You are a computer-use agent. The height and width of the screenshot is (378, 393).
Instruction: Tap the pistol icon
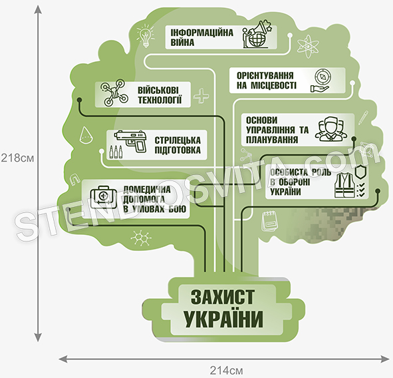[x=131, y=141]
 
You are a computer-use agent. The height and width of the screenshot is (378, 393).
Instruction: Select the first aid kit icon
[x=104, y=197]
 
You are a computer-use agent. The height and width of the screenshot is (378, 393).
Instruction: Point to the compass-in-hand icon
[x=321, y=81]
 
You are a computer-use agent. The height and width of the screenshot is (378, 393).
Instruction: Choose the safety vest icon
[x=344, y=185]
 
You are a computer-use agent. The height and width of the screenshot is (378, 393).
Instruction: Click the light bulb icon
[x=146, y=36]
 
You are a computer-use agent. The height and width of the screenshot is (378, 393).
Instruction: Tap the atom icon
[x=308, y=47]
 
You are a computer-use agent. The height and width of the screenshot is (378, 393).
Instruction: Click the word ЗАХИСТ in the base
[x=223, y=297]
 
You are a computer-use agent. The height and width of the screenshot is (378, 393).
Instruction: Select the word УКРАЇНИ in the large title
[x=223, y=319]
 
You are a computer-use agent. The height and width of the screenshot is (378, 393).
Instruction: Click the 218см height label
[x=17, y=158]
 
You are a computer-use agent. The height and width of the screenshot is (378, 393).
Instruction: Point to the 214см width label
[x=226, y=370]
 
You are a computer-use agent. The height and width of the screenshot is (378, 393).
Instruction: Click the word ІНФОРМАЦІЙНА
[x=201, y=33]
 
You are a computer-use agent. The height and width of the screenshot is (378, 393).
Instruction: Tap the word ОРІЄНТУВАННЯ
[x=265, y=76]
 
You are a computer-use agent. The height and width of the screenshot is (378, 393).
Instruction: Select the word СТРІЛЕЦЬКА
[x=178, y=140]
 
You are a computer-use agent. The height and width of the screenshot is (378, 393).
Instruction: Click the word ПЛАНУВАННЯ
[x=272, y=140]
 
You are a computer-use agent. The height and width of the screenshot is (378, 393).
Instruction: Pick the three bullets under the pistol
[x=116, y=152]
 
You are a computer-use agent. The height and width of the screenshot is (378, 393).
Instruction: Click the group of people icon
[x=331, y=128]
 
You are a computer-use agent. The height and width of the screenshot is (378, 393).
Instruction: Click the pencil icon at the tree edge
[x=363, y=117]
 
